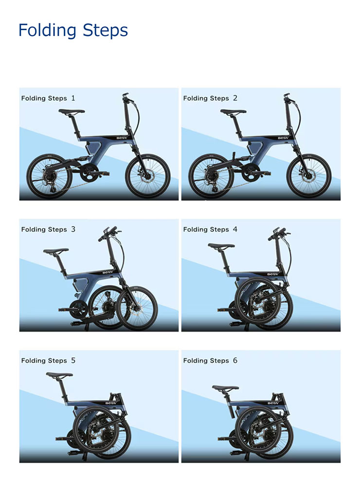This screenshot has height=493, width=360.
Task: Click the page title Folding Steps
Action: point(73,31)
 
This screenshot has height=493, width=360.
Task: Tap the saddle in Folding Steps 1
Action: point(72,111)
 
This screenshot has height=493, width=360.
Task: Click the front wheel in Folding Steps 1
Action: point(147,176)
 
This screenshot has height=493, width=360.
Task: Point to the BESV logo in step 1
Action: point(122,138)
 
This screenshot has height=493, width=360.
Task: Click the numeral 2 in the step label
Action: point(235,98)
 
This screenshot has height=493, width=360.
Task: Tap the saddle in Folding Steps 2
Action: point(233,111)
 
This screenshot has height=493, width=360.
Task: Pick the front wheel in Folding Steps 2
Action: point(310,176)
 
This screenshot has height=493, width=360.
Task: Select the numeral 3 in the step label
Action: point(73,229)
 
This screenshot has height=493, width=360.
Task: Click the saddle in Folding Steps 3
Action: point(55,250)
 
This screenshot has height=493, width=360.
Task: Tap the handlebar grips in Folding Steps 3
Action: point(108,233)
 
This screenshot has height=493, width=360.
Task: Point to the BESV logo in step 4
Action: point(272,274)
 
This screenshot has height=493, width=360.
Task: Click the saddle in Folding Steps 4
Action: point(221,246)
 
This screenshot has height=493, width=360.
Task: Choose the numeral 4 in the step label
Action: point(235,229)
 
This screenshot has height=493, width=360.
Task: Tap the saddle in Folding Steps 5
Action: point(59,375)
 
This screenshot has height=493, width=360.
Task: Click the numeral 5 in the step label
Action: point(73,360)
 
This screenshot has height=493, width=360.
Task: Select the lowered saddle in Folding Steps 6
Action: point(225,388)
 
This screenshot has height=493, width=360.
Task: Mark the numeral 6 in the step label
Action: point(235,360)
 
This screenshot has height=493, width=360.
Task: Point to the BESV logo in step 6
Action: point(273,403)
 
